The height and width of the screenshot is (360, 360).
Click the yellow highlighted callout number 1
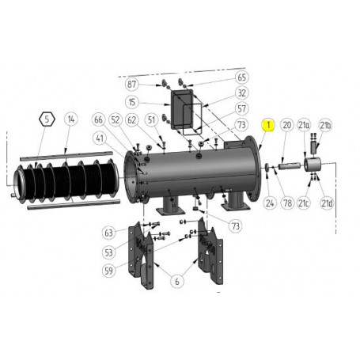pyautogui.click(x=270, y=124)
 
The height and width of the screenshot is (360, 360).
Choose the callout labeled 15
pyautogui.click(x=131, y=102)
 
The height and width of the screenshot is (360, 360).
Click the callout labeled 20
pyautogui.click(x=287, y=124)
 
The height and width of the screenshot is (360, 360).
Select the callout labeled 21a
pyautogui.click(x=305, y=124)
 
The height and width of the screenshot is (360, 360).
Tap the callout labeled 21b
pyautogui.click(x=325, y=124)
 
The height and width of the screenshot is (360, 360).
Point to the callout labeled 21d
pyautogui.click(x=325, y=203)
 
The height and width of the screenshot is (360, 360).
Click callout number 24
pyautogui.click(x=269, y=203)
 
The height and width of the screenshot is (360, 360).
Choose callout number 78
pyautogui.click(x=287, y=203)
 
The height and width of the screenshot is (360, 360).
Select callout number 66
pyautogui.click(x=99, y=119)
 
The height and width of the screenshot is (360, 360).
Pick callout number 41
pyautogui.click(x=99, y=138)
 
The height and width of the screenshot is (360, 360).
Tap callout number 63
pyautogui.click(x=108, y=233)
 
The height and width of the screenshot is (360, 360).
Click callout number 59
pyautogui.click(x=108, y=269)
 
